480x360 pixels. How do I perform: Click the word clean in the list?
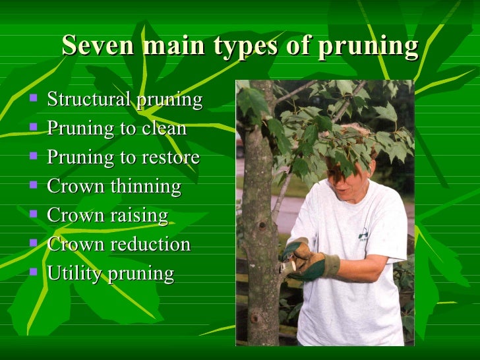[164, 128]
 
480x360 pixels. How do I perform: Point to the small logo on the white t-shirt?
[363, 233]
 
